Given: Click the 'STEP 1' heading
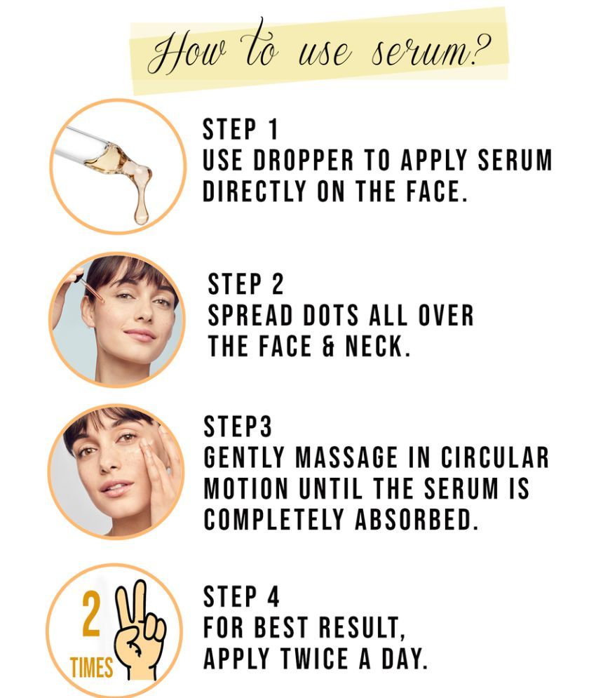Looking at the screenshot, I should coord(241,130).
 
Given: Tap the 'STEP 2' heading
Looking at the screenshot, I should coord(246,284).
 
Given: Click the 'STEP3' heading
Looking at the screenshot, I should coord(238,427).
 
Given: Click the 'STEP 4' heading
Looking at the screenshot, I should coord(241,597).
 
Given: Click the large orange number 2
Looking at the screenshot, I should coord(92,615).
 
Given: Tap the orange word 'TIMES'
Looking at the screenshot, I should coord(91,667).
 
